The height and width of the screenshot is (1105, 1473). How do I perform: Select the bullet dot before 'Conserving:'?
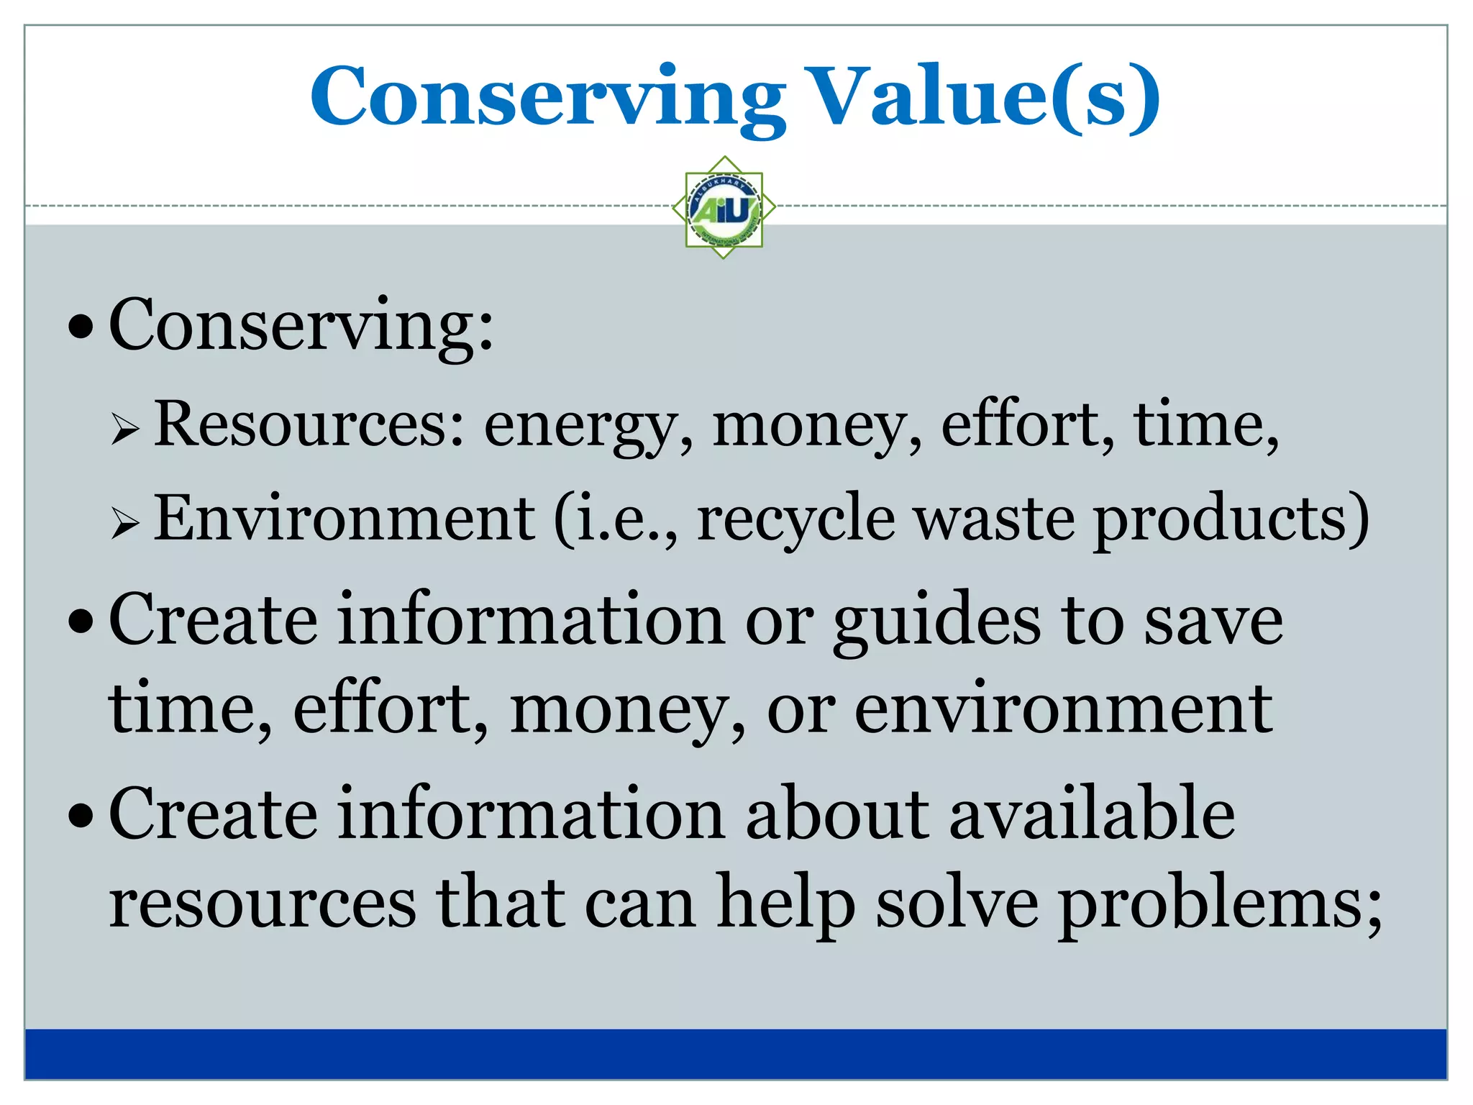pyautogui.click(x=81, y=327)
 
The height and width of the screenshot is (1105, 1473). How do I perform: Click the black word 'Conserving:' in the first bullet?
pyautogui.click(x=301, y=327)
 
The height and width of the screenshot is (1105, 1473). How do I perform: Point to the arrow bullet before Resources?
pyautogui.click(x=124, y=430)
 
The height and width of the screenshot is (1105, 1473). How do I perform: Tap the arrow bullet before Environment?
pyautogui.click(x=124, y=524)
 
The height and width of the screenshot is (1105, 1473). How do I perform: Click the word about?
pyautogui.click(x=837, y=814)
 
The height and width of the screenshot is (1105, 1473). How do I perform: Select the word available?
pyautogui.click(x=1092, y=814)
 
